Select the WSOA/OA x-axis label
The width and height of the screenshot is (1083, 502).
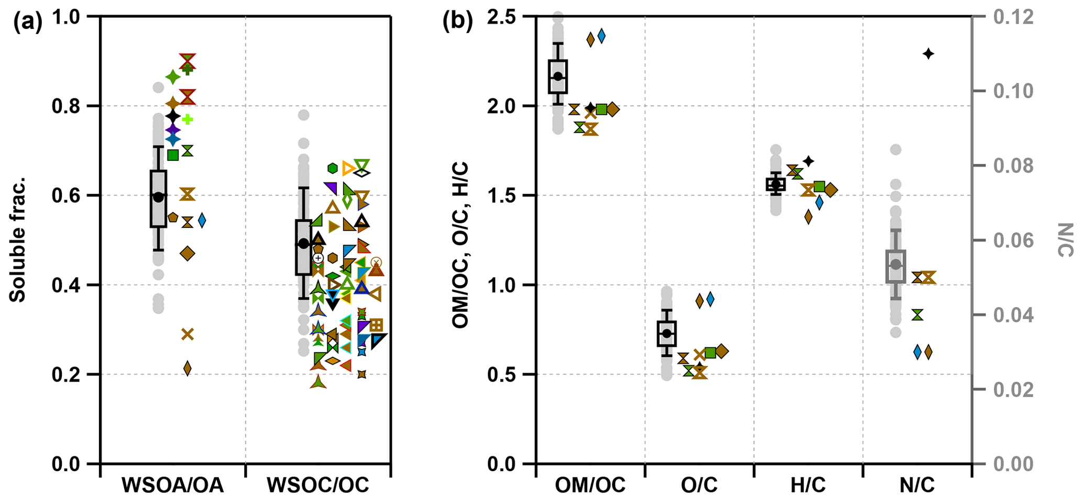[x=172, y=486]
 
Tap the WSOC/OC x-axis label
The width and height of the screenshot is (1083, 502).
[x=318, y=486]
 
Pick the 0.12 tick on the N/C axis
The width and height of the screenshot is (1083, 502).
[x=1013, y=17]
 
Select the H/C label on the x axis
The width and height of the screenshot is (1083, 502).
[x=808, y=486]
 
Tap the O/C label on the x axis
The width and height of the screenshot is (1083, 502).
[x=699, y=486]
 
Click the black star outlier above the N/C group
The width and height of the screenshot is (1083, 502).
[x=928, y=53]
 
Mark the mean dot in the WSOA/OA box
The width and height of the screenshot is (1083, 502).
[x=158, y=197]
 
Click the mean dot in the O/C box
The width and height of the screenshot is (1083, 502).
[x=666, y=333]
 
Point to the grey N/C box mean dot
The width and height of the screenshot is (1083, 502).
[x=896, y=264]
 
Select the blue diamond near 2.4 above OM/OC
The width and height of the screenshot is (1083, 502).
[x=601, y=36]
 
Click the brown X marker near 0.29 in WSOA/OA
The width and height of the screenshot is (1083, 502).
[x=187, y=334]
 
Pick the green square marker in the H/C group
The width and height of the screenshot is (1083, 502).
[x=819, y=187]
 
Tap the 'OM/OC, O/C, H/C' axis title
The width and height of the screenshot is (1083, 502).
[x=461, y=245]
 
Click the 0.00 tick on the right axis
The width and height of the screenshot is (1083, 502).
[x=1013, y=464]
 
